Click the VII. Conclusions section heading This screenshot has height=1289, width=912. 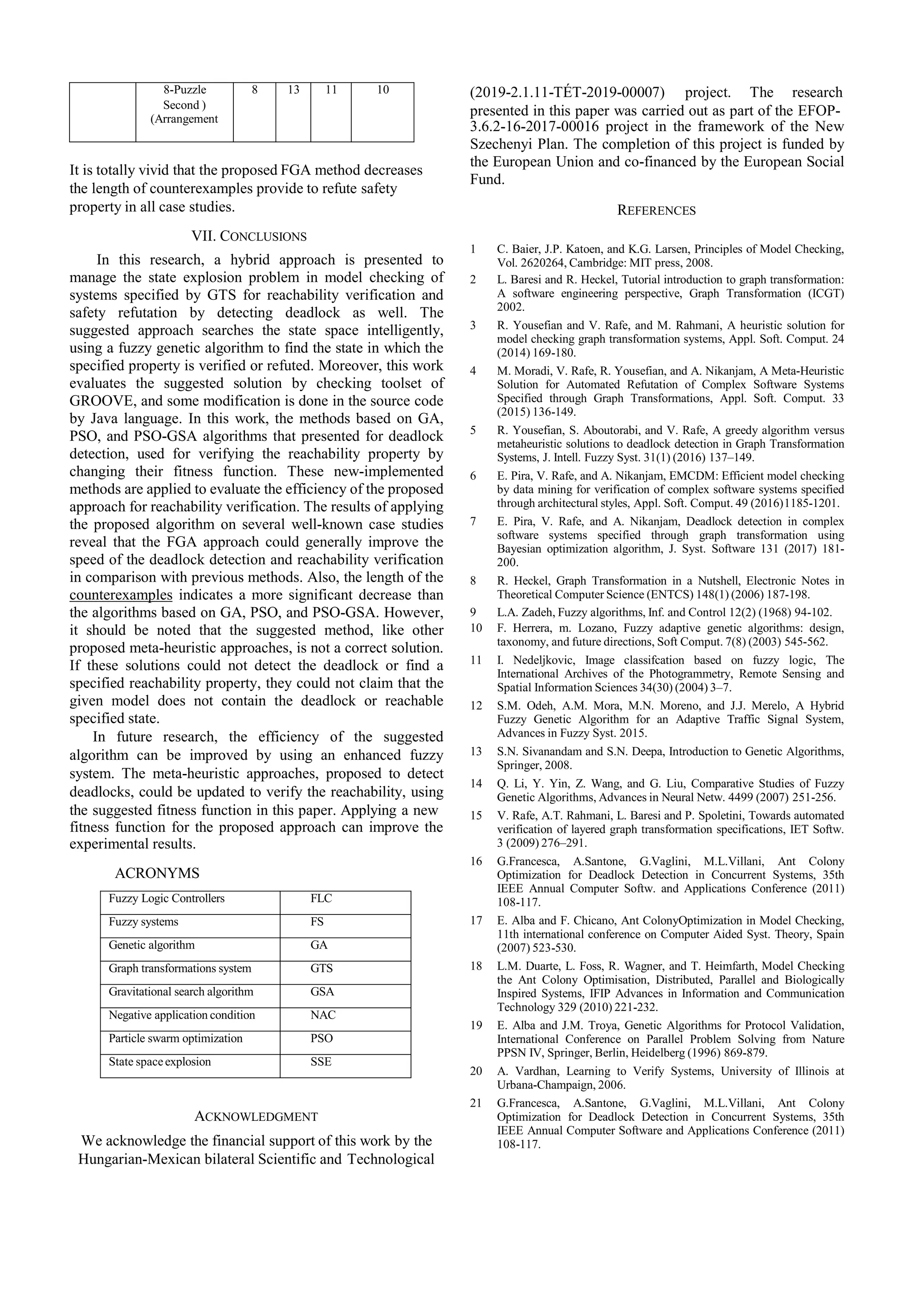click(249, 236)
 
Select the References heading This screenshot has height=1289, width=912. click(656, 210)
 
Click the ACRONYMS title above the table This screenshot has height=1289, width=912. click(157, 873)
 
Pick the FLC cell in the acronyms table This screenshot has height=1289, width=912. click(321, 899)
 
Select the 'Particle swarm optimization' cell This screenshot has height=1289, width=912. click(175, 1039)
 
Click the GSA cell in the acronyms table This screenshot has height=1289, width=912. click(322, 992)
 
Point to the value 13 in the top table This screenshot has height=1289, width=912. click(293, 90)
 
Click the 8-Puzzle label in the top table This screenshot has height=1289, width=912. click(185, 90)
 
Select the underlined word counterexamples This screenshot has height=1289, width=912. click(121, 595)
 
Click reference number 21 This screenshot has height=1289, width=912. click(476, 1103)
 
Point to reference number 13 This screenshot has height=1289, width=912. click(476, 752)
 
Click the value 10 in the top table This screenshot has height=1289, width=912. click(383, 90)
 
